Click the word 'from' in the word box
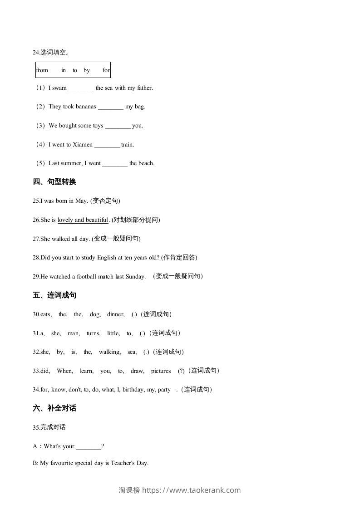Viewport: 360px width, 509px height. [42, 70]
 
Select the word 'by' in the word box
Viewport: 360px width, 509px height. [87, 70]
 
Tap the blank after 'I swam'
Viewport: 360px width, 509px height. [81, 88]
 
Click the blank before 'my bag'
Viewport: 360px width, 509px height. [110, 107]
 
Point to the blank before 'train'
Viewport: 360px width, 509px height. [107, 145]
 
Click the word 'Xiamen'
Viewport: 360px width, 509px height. [83, 145]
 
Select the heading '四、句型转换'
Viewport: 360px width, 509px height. [54, 182]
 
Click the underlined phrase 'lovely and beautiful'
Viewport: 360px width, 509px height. [83, 220]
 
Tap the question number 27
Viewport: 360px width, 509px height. [36, 239]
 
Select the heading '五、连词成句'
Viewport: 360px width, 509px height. [54, 295]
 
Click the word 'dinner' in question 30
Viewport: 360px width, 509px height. [115, 314]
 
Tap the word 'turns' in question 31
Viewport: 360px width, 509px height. [93, 333]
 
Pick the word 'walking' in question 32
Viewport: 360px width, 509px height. [109, 352]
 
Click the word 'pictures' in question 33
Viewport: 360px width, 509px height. [161, 371]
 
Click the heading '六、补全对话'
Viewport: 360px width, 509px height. [54, 408]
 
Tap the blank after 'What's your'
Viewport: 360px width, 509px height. [89, 446]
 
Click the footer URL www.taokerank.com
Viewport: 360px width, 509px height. [191, 490]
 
